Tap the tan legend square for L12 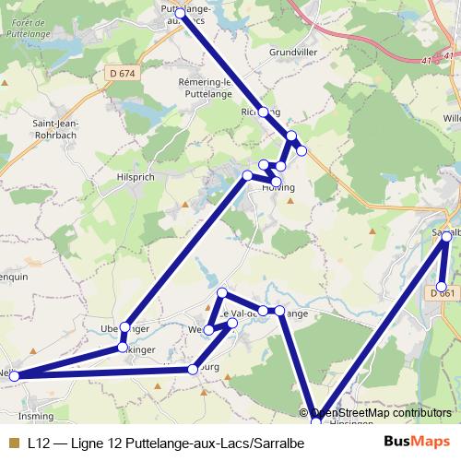pos(12,443)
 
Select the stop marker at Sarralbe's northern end pos(447,237)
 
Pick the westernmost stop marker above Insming pos(14,375)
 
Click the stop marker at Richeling pos(264,112)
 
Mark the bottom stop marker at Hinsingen pos(317,422)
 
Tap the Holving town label pos(278,187)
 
